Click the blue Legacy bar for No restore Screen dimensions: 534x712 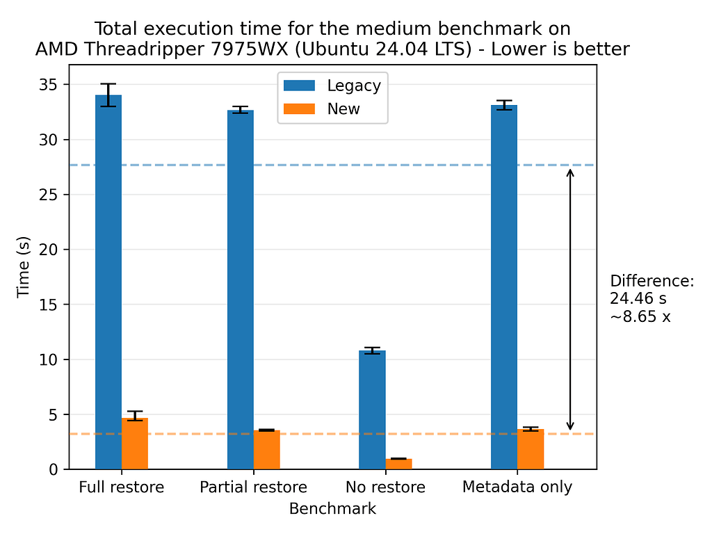[372, 410]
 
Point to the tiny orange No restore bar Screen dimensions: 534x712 [398, 464]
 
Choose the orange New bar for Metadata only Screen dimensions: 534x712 [531, 449]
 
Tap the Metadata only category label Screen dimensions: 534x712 [517, 487]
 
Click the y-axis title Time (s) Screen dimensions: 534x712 [24, 268]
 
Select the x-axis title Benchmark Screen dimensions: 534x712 [332, 509]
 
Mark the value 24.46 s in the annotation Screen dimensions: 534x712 [638, 300]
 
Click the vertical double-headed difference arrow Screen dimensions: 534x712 [570, 300]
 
